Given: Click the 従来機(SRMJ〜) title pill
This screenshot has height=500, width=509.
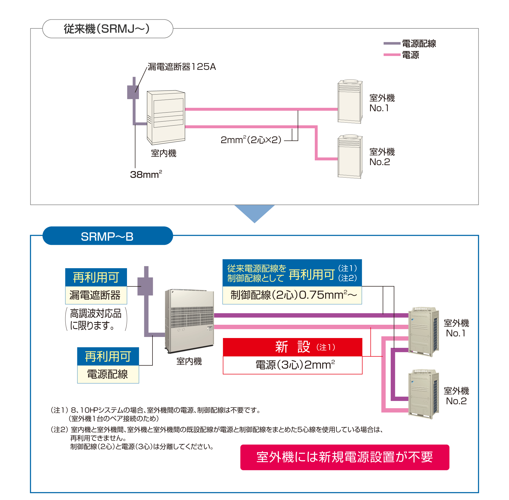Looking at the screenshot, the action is pos(108,29).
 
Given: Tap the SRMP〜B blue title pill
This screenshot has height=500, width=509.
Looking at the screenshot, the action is pos(108,236).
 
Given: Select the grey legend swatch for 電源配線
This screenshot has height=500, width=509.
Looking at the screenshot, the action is pos(392,43).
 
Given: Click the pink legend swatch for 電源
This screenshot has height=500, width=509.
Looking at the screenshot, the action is pos(392,55).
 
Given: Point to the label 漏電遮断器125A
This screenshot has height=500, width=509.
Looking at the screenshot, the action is pos(182,67).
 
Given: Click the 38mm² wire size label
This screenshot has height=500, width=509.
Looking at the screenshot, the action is pos(146,174).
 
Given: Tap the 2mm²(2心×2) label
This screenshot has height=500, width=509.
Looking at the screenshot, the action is pos(251,139).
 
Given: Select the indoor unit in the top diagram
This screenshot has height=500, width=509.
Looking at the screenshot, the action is pos(166,117).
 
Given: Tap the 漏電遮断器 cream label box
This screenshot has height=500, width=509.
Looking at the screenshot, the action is pos(96,295).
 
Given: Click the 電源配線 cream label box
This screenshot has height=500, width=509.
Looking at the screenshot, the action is pos(108,374).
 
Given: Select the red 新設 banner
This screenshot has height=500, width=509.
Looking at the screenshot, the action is pos(292,347).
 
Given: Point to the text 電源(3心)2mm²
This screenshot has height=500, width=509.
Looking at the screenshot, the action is pos(295,365).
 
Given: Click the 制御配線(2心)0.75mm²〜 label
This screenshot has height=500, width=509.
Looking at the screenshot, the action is pos(294,295).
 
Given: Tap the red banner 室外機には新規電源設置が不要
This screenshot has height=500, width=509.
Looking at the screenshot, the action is pos(345,457).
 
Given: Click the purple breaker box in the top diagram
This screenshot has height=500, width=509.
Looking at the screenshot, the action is pos(133,92).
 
